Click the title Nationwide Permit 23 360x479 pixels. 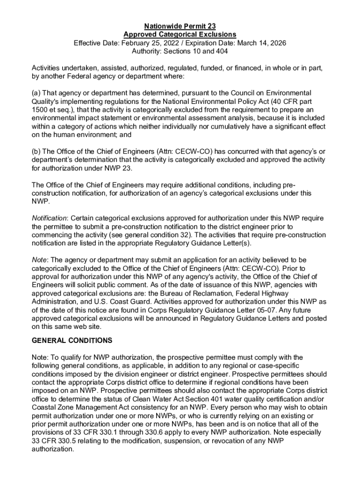tap(180, 26)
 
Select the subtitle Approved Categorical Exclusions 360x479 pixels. tap(180, 35)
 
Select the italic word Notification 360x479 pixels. tap(49, 218)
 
